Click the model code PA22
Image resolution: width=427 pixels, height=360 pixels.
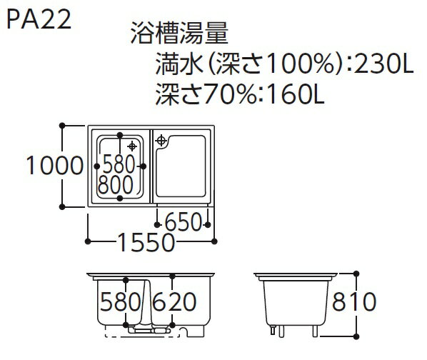coord(39,19)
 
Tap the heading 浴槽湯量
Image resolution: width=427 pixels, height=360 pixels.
coord(179,34)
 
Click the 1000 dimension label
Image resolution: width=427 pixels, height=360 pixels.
coord(54,166)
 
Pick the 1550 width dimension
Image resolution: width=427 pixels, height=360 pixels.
coord(146,242)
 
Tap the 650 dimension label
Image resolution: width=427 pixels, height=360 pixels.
coord(183,222)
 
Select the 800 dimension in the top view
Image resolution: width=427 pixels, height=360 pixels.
coord(116,184)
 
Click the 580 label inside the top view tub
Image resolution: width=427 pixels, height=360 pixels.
coord(119,164)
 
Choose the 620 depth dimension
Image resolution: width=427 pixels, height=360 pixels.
coord(174,301)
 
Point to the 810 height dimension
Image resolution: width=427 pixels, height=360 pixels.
coord(354,301)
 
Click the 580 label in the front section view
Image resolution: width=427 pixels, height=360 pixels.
coord(121,301)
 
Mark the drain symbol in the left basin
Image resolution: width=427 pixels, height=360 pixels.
coord(132,146)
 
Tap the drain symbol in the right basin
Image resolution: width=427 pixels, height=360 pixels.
coord(161,141)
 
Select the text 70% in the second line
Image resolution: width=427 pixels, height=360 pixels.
coord(229,94)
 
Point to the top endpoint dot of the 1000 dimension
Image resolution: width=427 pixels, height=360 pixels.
coord(62,126)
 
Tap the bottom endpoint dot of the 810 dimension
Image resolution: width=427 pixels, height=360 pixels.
coord(356,336)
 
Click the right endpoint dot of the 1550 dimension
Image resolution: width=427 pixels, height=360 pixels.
coord(214,241)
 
